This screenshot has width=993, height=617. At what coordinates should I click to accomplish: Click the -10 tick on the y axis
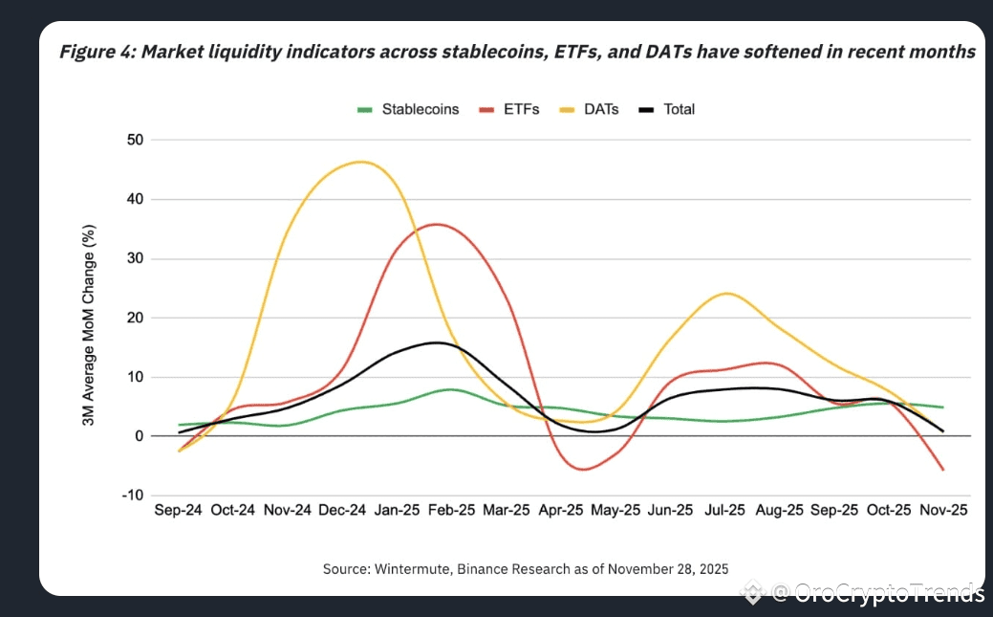(x=131, y=496)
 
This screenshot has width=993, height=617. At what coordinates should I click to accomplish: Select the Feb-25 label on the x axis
(x=453, y=511)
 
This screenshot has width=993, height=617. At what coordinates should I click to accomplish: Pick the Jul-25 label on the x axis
(x=725, y=511)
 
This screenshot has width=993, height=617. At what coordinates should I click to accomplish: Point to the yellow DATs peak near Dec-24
(x=359, y=162)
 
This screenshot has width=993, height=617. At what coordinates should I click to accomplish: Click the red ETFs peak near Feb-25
(x=438, y=224)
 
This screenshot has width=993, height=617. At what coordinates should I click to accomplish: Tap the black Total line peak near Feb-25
(x=438, y=342)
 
